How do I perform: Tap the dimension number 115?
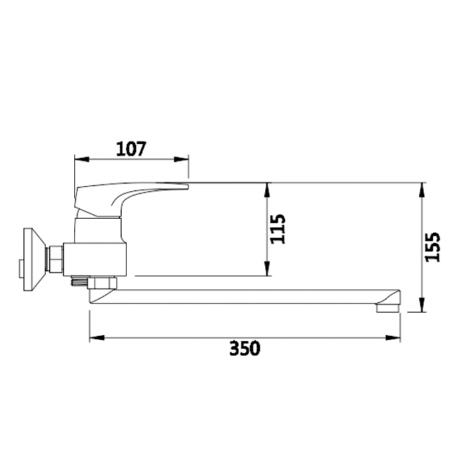click(x=278, y=229)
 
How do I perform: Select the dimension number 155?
click(x=433, y=247)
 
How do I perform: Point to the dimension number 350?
click(x=245, y=348)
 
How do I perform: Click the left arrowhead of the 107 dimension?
click(x=82, y=160)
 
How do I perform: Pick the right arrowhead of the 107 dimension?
click(x=181, y=160)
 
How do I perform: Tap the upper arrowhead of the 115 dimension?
click(x=267, y=190)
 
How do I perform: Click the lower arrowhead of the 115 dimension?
click(x=267, y=268)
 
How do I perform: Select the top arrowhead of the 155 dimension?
click(x=421, y=190)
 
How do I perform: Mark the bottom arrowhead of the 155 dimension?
click(x=421, y=305)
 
